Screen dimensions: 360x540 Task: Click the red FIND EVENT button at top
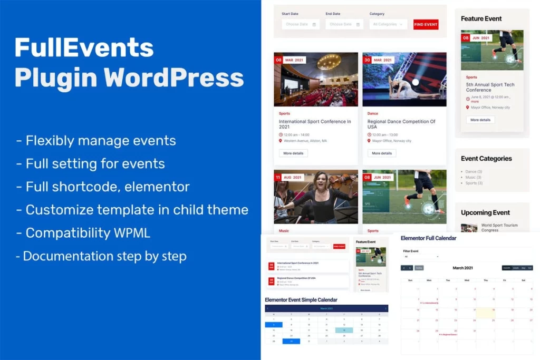pos(426,24)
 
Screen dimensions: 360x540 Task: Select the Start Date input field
pos(300,24)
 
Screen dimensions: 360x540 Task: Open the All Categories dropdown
pos(388,24)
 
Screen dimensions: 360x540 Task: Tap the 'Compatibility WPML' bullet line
pos(88,232)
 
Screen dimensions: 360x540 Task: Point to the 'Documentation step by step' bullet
pos(101,257)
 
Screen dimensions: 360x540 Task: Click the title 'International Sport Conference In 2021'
pos(315,124)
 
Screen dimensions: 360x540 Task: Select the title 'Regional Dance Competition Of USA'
pos(401,124)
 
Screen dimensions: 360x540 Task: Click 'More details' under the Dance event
pos(382,153)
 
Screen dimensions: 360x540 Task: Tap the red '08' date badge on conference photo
pos(278,60)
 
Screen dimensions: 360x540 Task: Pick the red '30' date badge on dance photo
pos(367,60)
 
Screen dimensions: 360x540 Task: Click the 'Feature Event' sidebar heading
pos(481,18)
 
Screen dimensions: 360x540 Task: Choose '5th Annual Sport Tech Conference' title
pos(490,87)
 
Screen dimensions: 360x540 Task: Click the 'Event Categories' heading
pos(486,158)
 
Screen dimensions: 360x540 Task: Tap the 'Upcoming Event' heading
pos(485,212)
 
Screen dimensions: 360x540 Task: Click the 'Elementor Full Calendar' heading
pos(428,238)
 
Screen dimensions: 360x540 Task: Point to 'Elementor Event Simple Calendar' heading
pos(301,300)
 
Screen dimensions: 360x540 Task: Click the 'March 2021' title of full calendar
pos(462,268)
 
